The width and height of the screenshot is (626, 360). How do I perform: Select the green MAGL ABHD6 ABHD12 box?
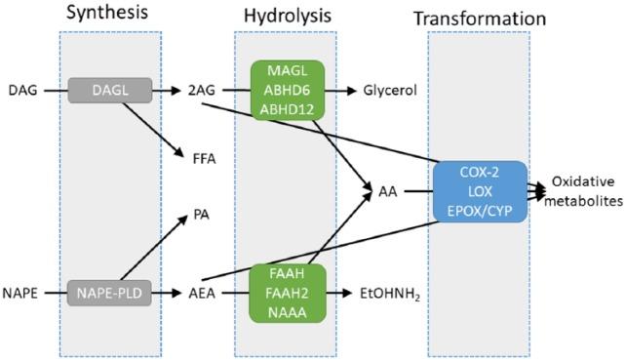[287, 91]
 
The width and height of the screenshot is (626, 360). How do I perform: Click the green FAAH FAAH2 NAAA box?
[287, 291]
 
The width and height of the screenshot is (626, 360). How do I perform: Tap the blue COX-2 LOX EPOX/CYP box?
[482, 190]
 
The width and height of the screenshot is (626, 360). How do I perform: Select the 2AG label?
[202, 91]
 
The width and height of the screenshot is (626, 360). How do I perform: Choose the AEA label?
[202, 291]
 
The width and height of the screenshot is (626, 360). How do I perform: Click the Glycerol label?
[390, 91]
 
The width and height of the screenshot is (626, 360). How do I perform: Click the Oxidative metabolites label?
[582, 191]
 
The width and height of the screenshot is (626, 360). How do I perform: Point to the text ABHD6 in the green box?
[287, 91]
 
